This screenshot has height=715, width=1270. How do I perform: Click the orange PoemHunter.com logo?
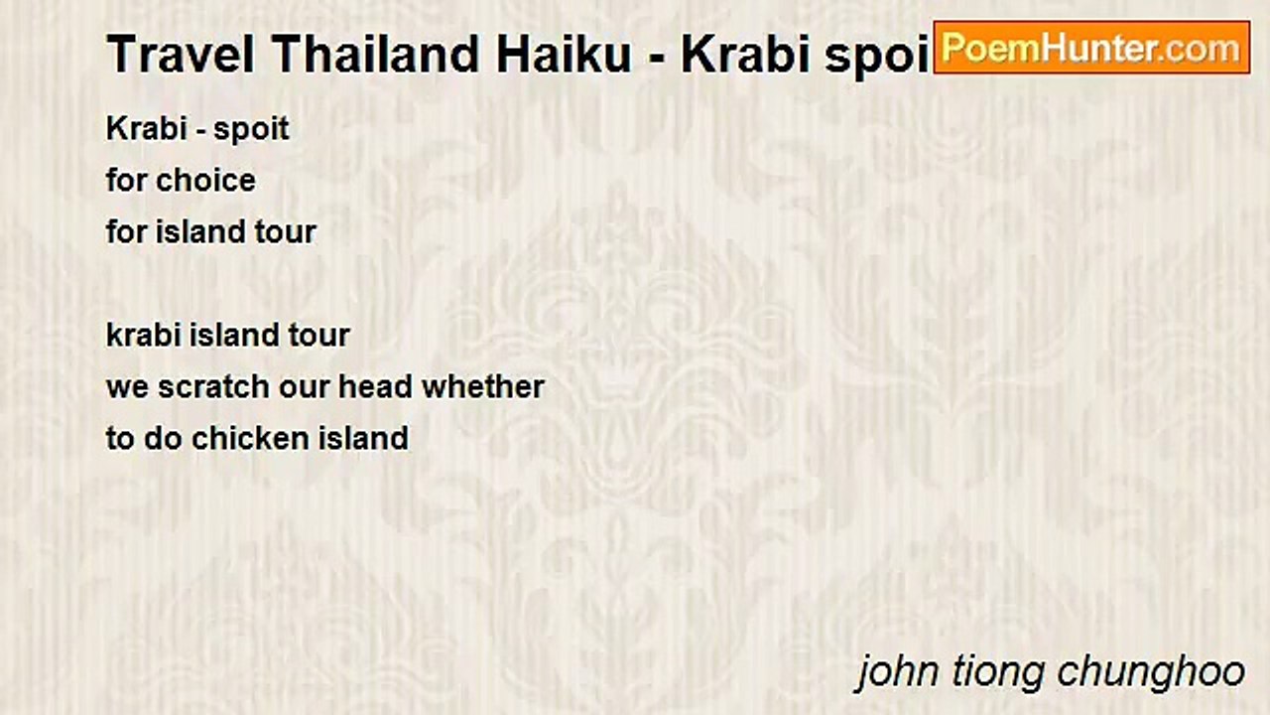pos(1091,48)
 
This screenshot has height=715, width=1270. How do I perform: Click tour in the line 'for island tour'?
pos(287,231)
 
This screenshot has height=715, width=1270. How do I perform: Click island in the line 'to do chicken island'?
pos(363,438)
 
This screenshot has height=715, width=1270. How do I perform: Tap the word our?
pos(304,386)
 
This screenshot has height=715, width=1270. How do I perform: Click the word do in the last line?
pos(163,438)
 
